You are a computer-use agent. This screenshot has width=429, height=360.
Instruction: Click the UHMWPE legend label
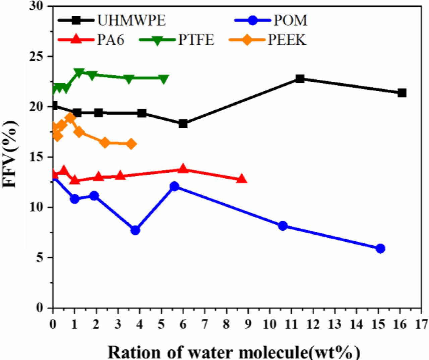(131, 20)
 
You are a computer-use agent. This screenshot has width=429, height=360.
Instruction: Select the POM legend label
(290, 20)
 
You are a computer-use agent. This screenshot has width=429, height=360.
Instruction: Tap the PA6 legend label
(111, 40)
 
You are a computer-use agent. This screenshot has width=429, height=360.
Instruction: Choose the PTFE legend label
(196, 40)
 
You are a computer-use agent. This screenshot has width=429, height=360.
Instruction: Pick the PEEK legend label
(287, 40)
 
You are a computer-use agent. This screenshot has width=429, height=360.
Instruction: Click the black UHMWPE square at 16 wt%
(402, 93)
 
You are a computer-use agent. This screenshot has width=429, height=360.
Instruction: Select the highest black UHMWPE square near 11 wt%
(300, 79)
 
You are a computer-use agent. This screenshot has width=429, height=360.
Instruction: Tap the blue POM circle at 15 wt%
(380, 248)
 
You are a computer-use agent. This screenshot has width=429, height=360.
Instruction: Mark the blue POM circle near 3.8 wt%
(135, 230)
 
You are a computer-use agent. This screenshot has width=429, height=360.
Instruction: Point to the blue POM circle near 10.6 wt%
(283, 226)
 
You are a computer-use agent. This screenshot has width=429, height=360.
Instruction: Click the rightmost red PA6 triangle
(241, 179)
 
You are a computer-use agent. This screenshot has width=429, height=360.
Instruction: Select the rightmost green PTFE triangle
(163, 79)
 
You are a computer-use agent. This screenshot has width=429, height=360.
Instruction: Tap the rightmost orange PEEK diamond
(131, 144)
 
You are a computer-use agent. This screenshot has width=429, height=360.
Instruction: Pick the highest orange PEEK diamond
(70, 118)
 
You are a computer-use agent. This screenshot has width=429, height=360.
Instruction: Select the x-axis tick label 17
(421, 324)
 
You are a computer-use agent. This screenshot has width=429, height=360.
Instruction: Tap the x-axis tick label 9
(248, 324)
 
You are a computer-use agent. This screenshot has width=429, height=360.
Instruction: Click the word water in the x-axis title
(213, 352)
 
